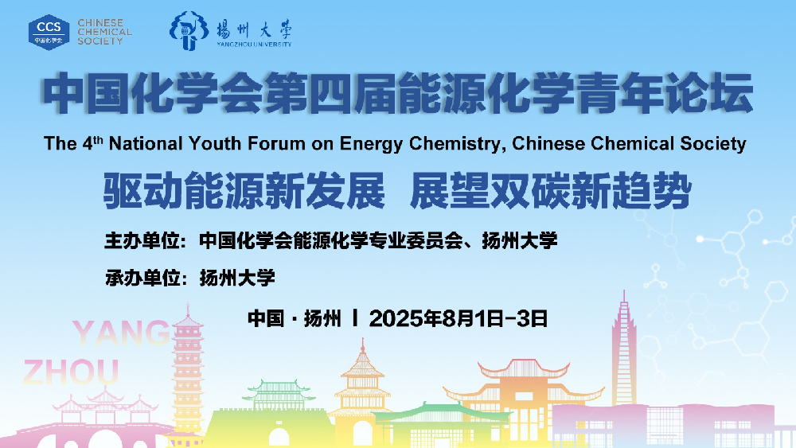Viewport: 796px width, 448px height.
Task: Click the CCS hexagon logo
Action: point(49,32)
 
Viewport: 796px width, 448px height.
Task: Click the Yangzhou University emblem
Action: point(189,31)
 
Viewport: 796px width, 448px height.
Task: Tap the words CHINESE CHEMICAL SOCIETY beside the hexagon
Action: point(104,32)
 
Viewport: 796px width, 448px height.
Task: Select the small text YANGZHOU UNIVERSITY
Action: point(254,44)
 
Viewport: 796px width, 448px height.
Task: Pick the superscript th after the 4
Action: point(98,139)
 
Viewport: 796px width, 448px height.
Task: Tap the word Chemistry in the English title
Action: point(458,144)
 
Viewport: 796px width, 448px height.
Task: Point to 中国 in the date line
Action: point(266,318)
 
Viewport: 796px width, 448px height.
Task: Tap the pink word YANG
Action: point(121,333)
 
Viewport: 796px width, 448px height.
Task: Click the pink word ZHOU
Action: point(71,372)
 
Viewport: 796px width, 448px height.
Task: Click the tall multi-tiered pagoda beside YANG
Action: point(187,375)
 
